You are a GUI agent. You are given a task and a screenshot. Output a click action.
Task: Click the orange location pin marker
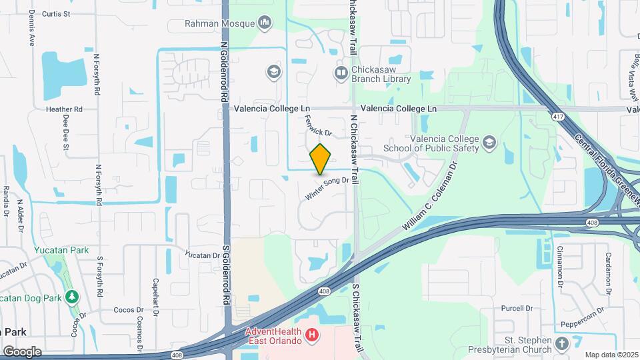click(321, 159)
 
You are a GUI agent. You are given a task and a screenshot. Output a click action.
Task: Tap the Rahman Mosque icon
click(265, 23)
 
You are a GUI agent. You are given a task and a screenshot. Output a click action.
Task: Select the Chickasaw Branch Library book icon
click(341, 72)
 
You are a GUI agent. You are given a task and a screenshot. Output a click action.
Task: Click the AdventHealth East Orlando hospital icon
click(311, 335)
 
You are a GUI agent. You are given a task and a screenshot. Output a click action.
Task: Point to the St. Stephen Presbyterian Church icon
click(561, 345)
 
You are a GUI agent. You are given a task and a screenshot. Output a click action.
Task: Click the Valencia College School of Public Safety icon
click(490, 143)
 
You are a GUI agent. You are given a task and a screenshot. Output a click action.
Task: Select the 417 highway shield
click(555, 117)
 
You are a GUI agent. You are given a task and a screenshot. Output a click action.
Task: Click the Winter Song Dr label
click(327, 187)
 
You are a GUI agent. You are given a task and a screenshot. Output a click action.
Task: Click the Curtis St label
click(56, 13)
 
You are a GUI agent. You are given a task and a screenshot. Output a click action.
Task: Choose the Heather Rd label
click(63, 109)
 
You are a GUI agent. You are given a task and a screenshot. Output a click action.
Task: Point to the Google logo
click(22, 351)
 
